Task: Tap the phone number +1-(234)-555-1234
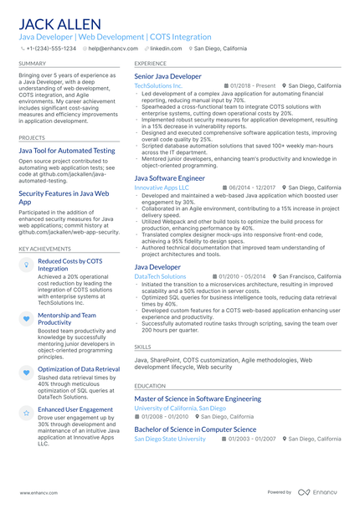(x=50, y=49)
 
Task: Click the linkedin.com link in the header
(x=165, y=49)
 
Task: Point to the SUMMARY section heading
(x=32, y=64)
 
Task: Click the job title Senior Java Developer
(x=167, y=76)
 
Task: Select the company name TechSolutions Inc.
(x=158, y=85)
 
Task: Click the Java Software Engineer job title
(x=169, y=178)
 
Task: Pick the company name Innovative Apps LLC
(x=162, y=188)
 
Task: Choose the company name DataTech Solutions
(x=160, y=276)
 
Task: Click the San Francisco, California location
(x=309, y=276)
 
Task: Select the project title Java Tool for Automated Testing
(x=67, y=151)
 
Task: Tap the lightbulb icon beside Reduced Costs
(x=26, y=265)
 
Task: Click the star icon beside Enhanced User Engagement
(x=26, y=413)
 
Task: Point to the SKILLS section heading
(x=143, y=346)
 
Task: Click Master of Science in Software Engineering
(x=198, y=399)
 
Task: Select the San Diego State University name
(x=170, y=439)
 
